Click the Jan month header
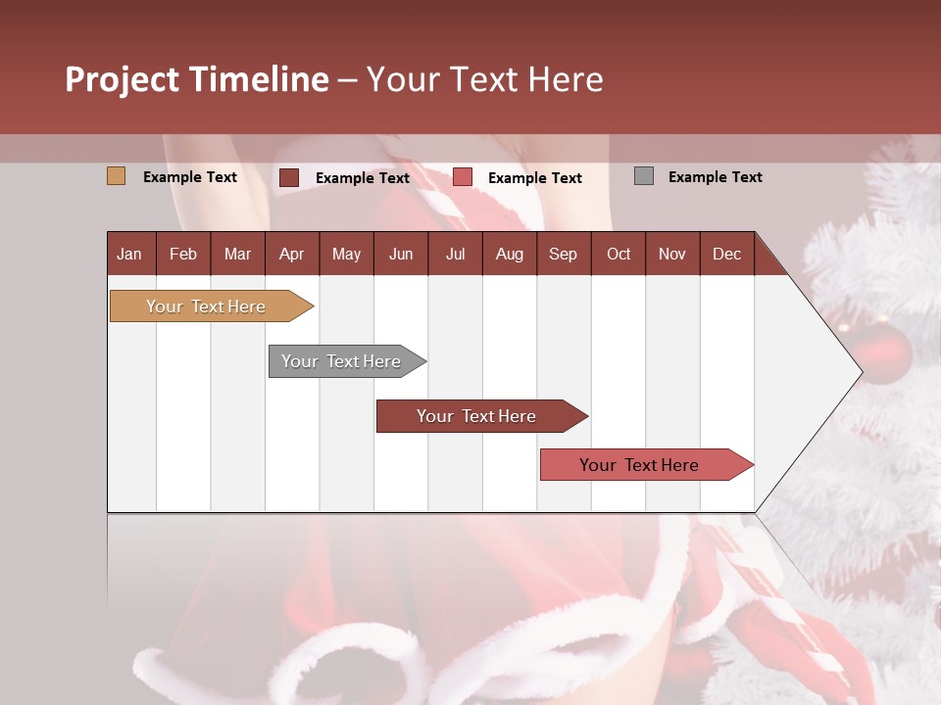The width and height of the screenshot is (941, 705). tap(129, 254)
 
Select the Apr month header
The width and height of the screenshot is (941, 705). tap(291, 254)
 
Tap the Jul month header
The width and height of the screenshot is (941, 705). tap(455, 254)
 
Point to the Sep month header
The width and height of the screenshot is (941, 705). tap(563, 254)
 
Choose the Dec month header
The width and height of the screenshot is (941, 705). tap(726, 254)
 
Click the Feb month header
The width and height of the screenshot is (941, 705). tap(183, 254)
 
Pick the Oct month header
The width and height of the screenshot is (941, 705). tap(619, 254)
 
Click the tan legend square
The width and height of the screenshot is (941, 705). tap(116, 176)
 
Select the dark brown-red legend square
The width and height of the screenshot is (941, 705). tap(288, 177)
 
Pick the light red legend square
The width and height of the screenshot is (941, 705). tap(463, 177)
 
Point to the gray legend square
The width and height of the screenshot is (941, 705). tap(644, 176)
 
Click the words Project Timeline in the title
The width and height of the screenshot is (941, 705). tap(196, 79)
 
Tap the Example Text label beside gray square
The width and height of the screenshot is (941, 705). tap(715, 177)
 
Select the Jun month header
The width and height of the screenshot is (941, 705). tap(401, 254)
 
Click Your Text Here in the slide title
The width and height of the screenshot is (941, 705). tap(484, 79)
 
